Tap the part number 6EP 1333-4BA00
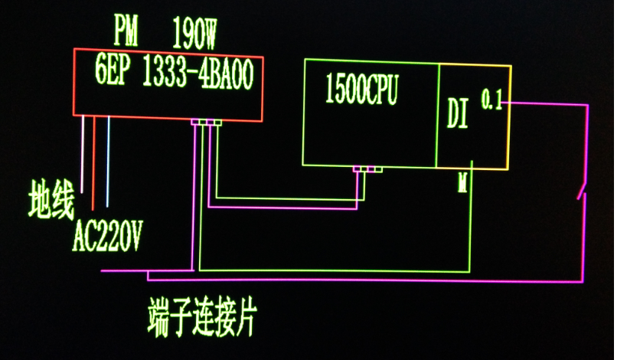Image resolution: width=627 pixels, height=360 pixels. (x=174, y=74)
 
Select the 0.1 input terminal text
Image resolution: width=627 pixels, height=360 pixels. (x=491, y=100)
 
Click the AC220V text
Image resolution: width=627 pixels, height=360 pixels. (x=107, y=236)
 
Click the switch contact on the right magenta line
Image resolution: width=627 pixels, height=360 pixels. (x=583, y=189)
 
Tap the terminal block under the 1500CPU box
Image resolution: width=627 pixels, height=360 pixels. (x=367, y=169)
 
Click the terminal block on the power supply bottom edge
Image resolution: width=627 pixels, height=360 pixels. (x=206, y=123)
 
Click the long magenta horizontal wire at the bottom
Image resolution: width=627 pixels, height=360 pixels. (x=345, y=278)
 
